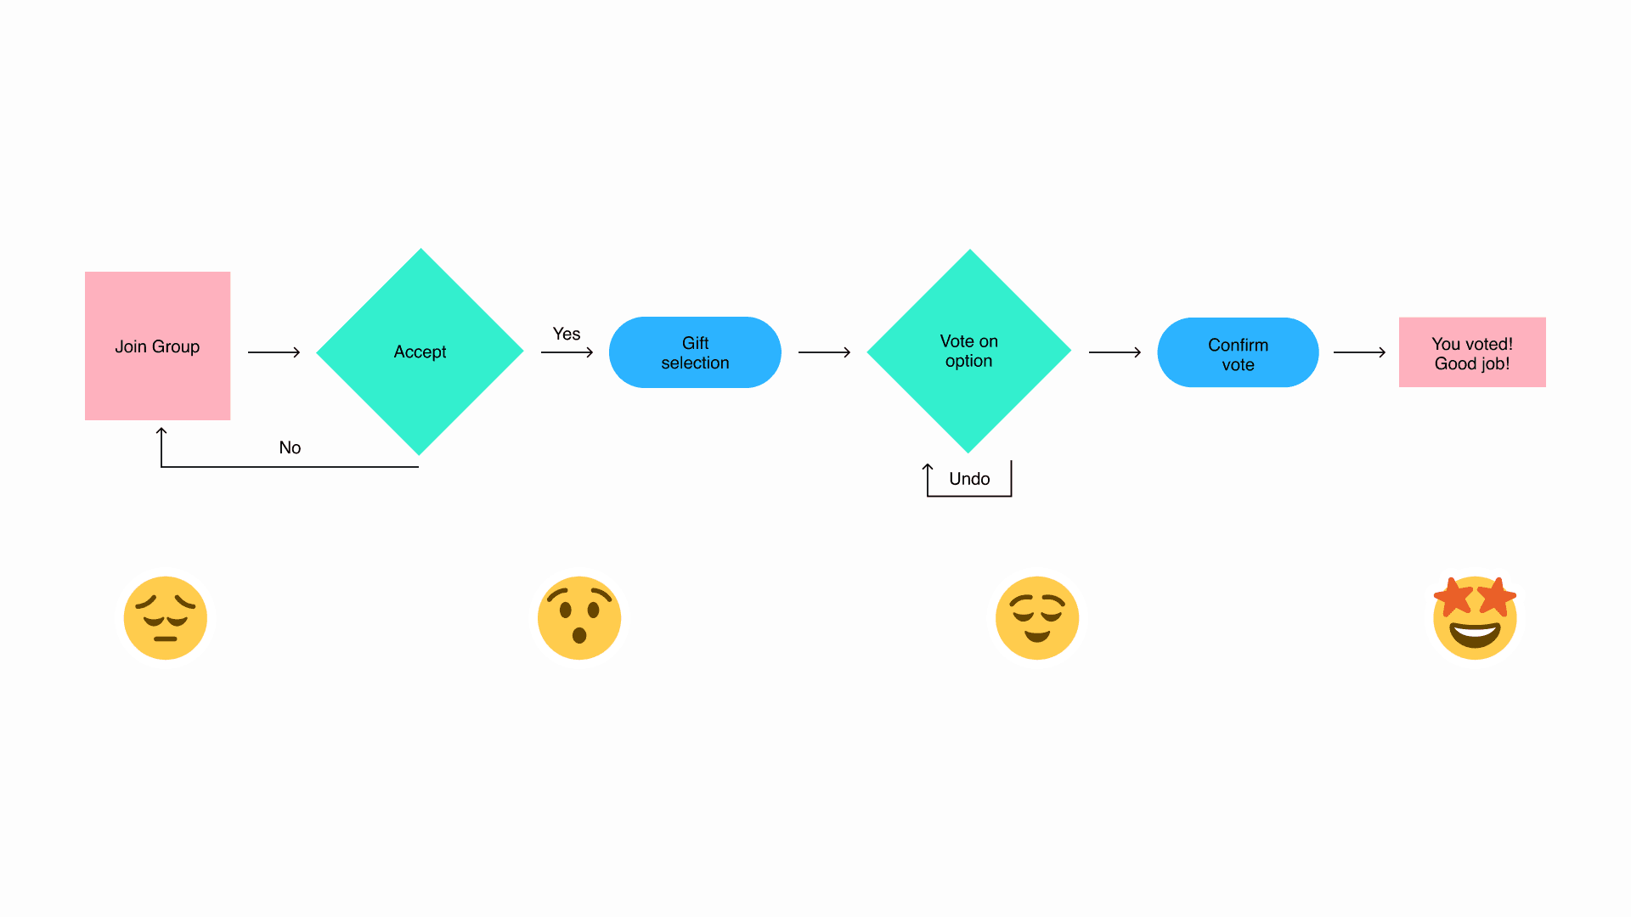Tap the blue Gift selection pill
[x=695, y=352]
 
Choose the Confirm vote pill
[x=1238, y=353]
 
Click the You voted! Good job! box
[x=1472, y=352]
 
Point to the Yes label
[x=567, y=334]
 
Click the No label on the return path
[x=290, y=447]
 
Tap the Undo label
[x=969, y=479]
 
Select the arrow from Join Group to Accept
[x=274, y=352]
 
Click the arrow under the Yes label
[x=567, y=352]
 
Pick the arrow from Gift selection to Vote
[x=824, y=352]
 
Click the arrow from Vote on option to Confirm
[x=1115, y=352]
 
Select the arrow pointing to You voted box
[x=1359, y=352]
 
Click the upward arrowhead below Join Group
[x=161, y=433]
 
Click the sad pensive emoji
[x=166, y=618]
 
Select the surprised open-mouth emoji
[x=579, y=618]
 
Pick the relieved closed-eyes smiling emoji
[x=1037, y=618]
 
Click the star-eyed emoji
[x=1475, y=618]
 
